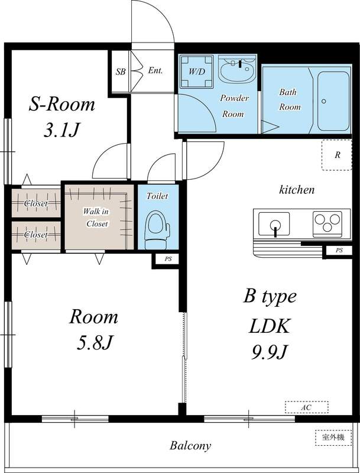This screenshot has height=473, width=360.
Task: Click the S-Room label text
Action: (62, 105)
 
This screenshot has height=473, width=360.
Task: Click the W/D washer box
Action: (196, 72)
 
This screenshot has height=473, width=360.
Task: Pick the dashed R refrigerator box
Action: (336, 155)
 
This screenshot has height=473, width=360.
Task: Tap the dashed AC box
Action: (306, 407)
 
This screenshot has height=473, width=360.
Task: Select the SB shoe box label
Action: (120, 72)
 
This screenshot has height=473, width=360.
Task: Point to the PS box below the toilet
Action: (167, 259)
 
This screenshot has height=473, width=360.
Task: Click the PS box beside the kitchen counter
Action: (339, 251)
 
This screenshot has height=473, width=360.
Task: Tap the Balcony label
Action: (190, 446)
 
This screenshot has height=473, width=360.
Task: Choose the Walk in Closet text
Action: (96, 218)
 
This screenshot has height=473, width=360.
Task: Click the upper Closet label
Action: (35, 204)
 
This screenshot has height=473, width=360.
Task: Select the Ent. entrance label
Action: (155, 71)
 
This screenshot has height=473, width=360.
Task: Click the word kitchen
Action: (297, 190)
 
